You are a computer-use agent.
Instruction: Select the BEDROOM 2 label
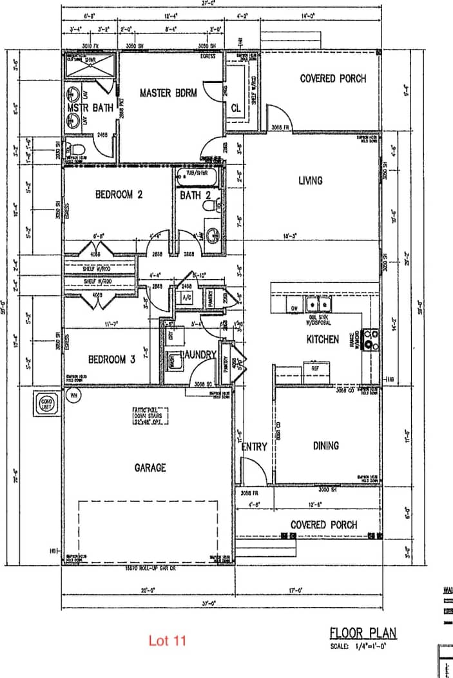(119, 195)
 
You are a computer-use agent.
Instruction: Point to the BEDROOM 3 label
(111, 360)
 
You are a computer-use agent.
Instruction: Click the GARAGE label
(150, 467)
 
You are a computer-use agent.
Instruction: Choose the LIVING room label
(310, 181)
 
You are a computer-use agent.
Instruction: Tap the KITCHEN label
(322, 339)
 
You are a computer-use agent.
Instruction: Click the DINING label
(325, 445)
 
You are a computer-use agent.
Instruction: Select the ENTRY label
(254, 447)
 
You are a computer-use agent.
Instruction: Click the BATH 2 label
(195, 195)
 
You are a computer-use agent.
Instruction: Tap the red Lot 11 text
(167, 641)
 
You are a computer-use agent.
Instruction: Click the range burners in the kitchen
(372, 339)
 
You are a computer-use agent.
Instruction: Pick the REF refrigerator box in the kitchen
(316, 370)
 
